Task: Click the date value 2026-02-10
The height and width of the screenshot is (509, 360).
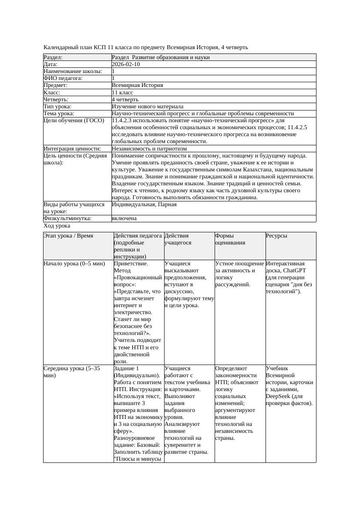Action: click(x=126, y=64)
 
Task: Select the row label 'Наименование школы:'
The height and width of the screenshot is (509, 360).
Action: click(x=73, y=71)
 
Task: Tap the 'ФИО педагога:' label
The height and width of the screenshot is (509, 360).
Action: click(x=63, y=78)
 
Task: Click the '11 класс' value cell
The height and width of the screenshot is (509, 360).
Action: click(x=122, y=93)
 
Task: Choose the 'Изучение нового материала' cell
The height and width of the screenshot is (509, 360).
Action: click(x=147, y=107)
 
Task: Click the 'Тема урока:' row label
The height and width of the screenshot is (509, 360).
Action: click(x=59, y=114)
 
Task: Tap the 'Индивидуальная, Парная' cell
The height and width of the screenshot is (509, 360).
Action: click(x=144, y=204)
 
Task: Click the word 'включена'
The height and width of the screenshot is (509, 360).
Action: click(x=124, y=218)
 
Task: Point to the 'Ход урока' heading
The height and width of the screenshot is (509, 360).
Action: click(x=57, y=226)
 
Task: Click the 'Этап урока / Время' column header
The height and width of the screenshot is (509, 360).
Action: click(x=68, y=236)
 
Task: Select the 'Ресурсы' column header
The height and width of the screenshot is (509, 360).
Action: click(x=276, y=236)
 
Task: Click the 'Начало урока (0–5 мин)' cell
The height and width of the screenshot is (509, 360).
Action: click(x=74, y=264)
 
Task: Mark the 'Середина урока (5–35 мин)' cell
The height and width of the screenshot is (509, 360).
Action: click(x=72, y=372)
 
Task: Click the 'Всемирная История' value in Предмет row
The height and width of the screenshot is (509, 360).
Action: click(x=137, y=86)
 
